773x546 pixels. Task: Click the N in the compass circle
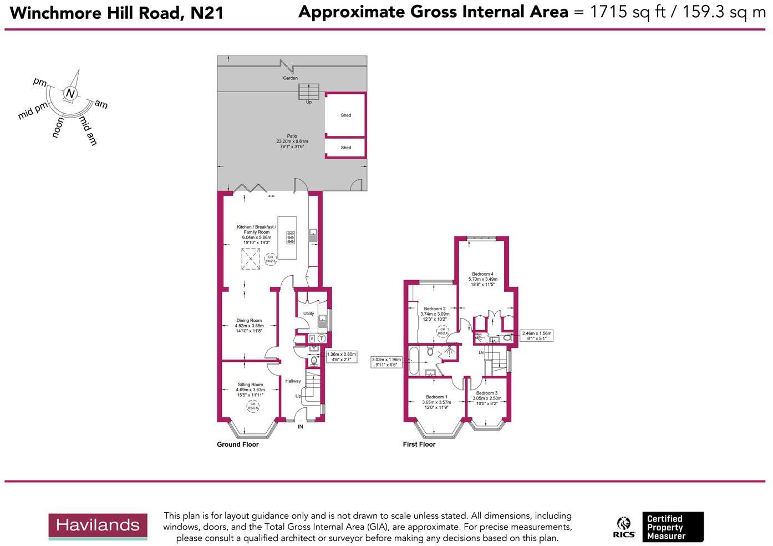click(x=70, y=94)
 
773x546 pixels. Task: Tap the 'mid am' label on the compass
click(x=88, y=131)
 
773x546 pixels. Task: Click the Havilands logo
click(x=98, y=525)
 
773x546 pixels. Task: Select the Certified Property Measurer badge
click(x=673, y=527)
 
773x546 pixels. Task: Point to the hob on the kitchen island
click(x=291, y=237)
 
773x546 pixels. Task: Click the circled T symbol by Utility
click(x=322, y=338)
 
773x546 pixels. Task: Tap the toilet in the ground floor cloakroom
click(x=314, y=361)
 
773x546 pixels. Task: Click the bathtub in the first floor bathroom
click(x=415, y=361)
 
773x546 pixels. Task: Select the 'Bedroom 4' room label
click(x=482, y=274)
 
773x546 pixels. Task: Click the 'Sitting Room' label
click(x=250, y=385)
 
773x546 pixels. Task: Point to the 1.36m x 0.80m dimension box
click(x=342, y=357)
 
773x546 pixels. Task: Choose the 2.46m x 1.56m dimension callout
click(x=536, y=336)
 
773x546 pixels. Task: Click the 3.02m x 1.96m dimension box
click(x=386, y=362)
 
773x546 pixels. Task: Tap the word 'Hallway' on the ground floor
click(x=293, y=381)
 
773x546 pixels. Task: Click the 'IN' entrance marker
click(x=301, y=427)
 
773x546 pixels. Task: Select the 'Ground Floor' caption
click(x=237, y=444)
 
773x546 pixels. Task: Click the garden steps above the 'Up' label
click(x=309, y=92)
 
